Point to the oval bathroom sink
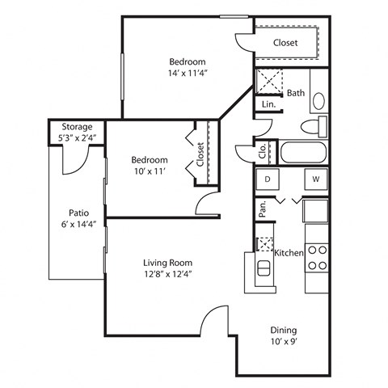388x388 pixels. (x=318, y=103)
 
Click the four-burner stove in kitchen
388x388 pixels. (x=317, y=257)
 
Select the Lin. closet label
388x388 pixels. (x=268, y=105)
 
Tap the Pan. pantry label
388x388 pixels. (x=263, y=210)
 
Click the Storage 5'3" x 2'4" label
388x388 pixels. (x=77, y=133)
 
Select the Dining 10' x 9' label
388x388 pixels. (x=283, y=335)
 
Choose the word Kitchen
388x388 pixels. (x=289, y=253)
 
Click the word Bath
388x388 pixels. (x=296, y=93)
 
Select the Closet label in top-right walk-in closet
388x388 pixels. (x=285, y=43)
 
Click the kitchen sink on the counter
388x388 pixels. (x=264, y=268)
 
